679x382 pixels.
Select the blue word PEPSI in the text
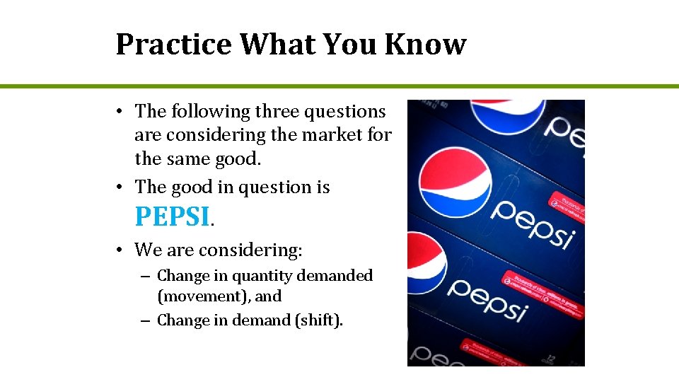click(173, 216)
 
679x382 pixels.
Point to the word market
click(334, 134)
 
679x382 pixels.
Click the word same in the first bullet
click(189, 158)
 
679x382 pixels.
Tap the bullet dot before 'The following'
click(122, 112)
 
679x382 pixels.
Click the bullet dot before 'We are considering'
click(122, 250)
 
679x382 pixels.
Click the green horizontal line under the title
click(339, 86)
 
